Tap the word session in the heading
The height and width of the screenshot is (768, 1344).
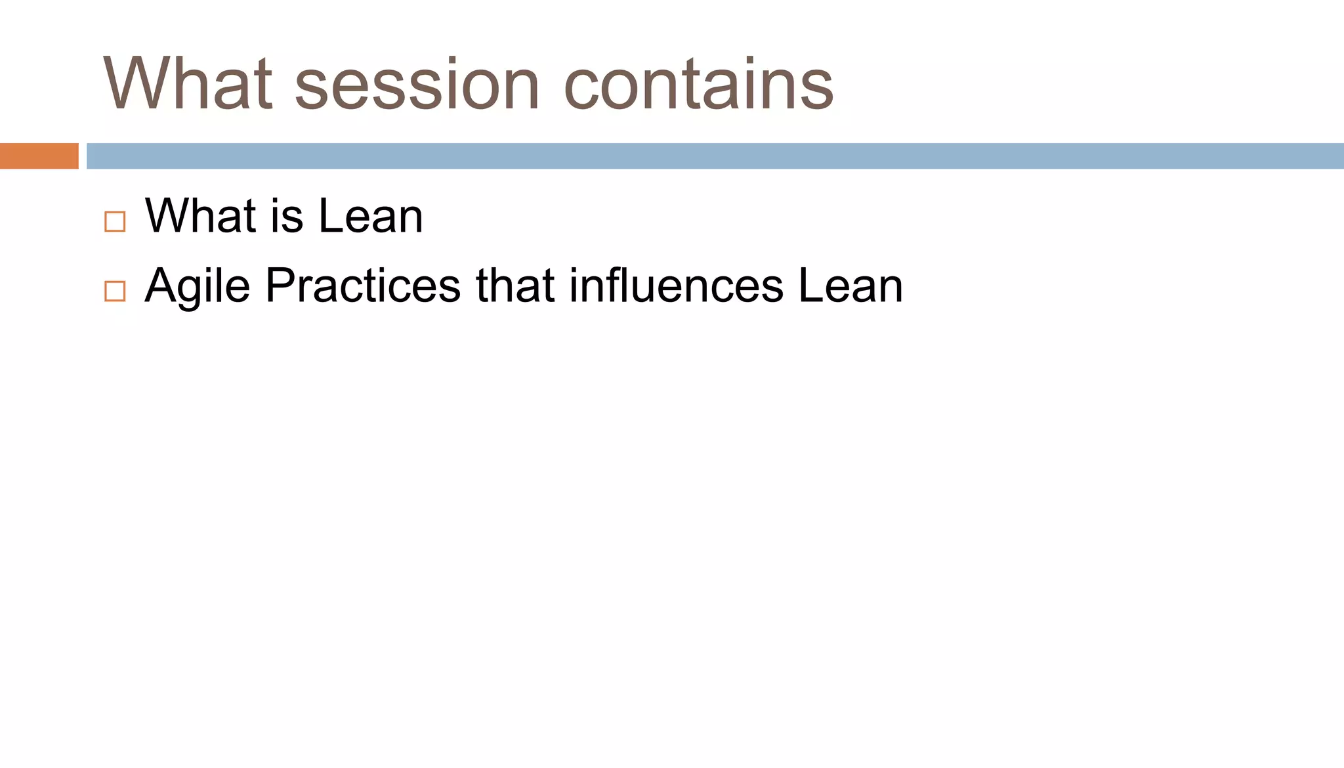point(417,85)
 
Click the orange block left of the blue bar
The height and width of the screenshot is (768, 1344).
point(39,156)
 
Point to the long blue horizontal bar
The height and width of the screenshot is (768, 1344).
point(715,156)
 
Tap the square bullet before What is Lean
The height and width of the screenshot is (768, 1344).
point(115,222)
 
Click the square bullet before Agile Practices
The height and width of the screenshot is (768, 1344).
point(115,291)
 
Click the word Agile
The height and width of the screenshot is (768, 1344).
point(198,286)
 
